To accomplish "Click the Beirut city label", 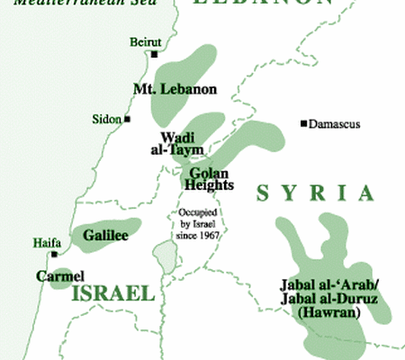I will (145, 42).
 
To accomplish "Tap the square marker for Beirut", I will (154, 55).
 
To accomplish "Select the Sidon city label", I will (107, 119).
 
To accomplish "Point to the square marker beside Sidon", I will (128, 119).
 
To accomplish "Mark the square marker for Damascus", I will (304, 123).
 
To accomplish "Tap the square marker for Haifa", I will (54, 254).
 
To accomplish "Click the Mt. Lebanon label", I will (163, 89).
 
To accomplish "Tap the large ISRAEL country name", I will (112, 295).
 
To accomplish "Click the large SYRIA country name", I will (314, 193).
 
